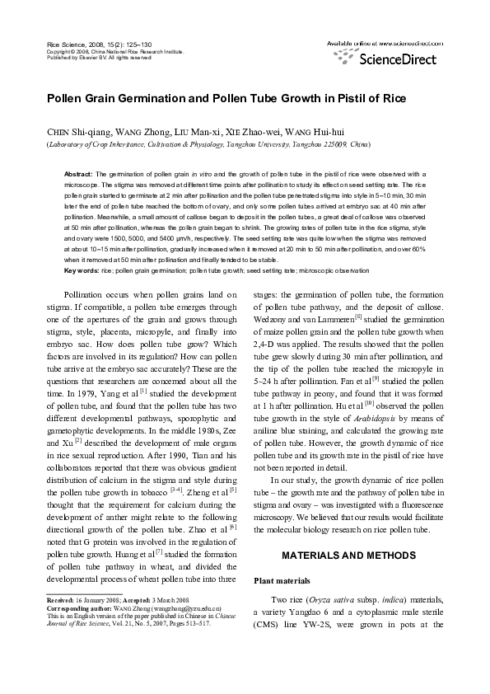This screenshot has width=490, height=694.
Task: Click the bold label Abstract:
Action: [78, 175]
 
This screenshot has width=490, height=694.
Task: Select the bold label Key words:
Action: [82, 270]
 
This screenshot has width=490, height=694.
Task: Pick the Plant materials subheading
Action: [282, 581]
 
